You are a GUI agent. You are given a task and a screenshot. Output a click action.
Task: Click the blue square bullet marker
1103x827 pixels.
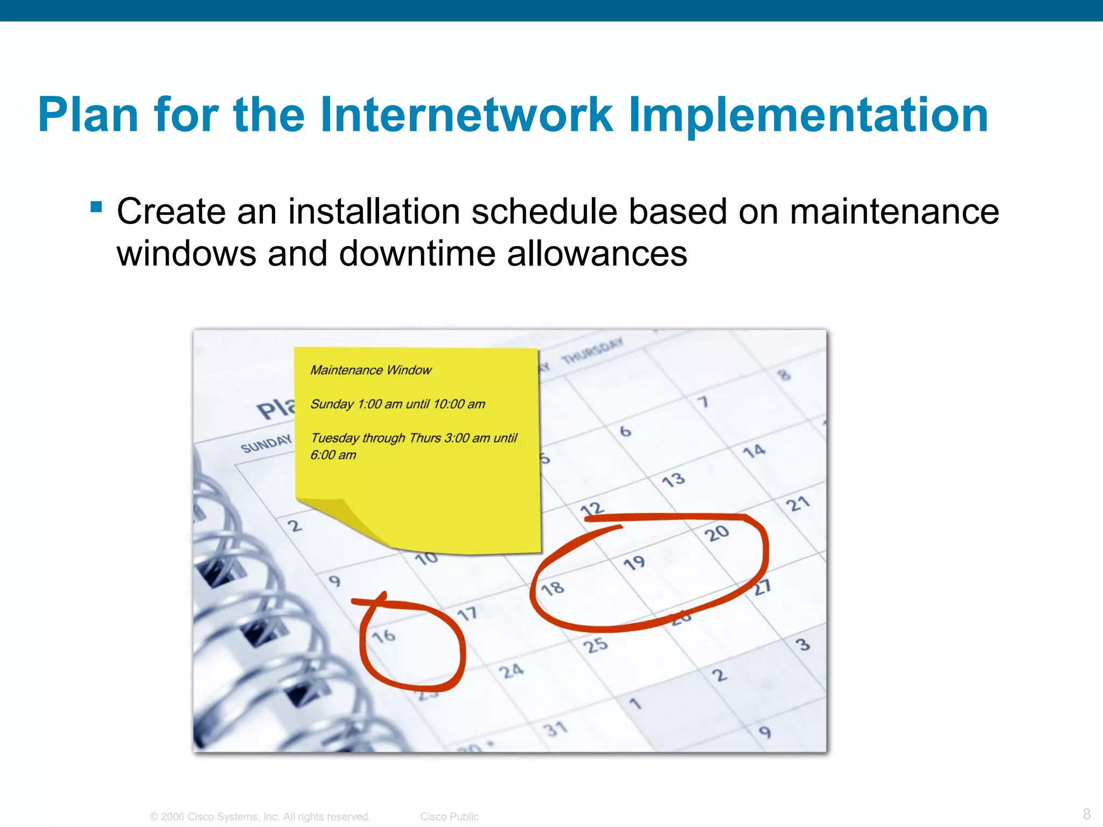[96, 207]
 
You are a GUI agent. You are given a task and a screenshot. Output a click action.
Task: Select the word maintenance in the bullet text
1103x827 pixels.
[894, 211]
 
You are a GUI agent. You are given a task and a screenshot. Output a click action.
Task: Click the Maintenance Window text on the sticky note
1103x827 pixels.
[371, 370]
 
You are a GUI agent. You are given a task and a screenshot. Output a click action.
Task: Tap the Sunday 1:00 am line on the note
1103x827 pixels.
[397, 404]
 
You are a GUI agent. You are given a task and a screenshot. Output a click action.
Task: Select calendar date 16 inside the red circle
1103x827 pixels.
[384, 636]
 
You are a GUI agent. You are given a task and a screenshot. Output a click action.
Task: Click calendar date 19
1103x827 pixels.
[634, 563]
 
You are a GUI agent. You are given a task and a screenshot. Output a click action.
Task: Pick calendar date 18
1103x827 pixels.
[553, 588]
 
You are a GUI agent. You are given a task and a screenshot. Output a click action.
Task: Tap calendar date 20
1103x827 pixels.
[716, 534]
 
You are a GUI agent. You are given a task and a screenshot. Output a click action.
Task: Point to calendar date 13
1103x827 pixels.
[673, 479]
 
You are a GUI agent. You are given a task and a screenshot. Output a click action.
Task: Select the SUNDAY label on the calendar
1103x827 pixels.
[266, 444]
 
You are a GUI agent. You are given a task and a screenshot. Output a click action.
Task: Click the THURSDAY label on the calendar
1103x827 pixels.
[592, 351]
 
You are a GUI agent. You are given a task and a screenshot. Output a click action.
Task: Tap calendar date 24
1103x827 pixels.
[511, 671]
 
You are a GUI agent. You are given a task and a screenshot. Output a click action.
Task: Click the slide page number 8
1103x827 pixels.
[1086, 814]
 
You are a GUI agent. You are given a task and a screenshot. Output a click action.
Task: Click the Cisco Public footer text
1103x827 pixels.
[449, 816]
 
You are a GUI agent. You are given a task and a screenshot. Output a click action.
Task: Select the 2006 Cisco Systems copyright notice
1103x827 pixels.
[260, 816]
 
